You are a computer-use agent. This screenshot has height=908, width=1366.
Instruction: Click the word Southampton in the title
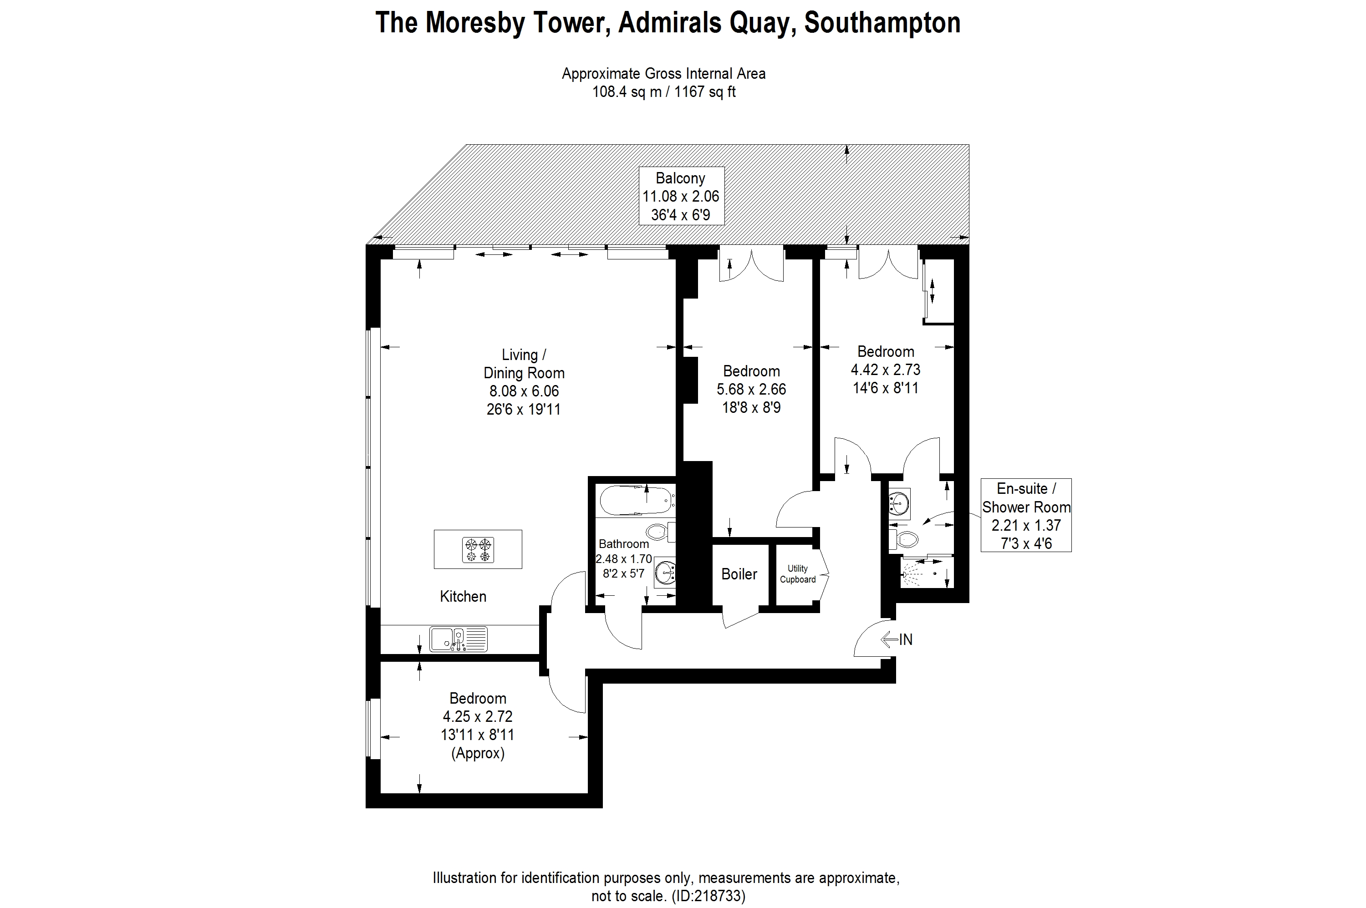(x=882, y=23)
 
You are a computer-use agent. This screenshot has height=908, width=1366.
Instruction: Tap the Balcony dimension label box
(x=681, y=196)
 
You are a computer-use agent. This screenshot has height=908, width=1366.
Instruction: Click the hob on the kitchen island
(x=478, y=549)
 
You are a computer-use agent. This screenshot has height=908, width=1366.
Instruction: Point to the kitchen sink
(x=458, y=639)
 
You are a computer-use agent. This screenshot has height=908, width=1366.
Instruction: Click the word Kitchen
(x=463, y=596)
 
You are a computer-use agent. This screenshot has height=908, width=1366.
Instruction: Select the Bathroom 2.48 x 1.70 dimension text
(x=624, y=559)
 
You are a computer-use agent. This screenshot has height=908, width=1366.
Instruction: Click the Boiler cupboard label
(x=739, y=574)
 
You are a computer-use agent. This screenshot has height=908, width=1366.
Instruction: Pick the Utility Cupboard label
(x=797, y=574)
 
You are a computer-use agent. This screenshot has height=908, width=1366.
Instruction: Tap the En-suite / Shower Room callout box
(x=1025, y=515)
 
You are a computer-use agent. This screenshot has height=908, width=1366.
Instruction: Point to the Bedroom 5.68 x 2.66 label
(x=751, y=389)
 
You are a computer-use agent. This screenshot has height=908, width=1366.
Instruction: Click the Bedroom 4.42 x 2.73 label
(x=885, y=370)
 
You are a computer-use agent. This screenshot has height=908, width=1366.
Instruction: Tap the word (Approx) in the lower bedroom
(x=478, y=753)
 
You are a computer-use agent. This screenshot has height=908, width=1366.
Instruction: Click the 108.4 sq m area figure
(x=626, y=92)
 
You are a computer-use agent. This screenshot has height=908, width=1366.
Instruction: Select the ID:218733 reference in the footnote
(x=708, y=896)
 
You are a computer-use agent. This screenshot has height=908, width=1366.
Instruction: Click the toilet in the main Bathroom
(x=659, y=531)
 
